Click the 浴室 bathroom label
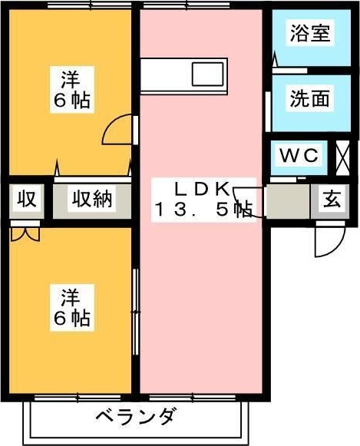[310, 34]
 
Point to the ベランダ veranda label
[137, 418]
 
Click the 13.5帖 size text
[203, 209]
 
